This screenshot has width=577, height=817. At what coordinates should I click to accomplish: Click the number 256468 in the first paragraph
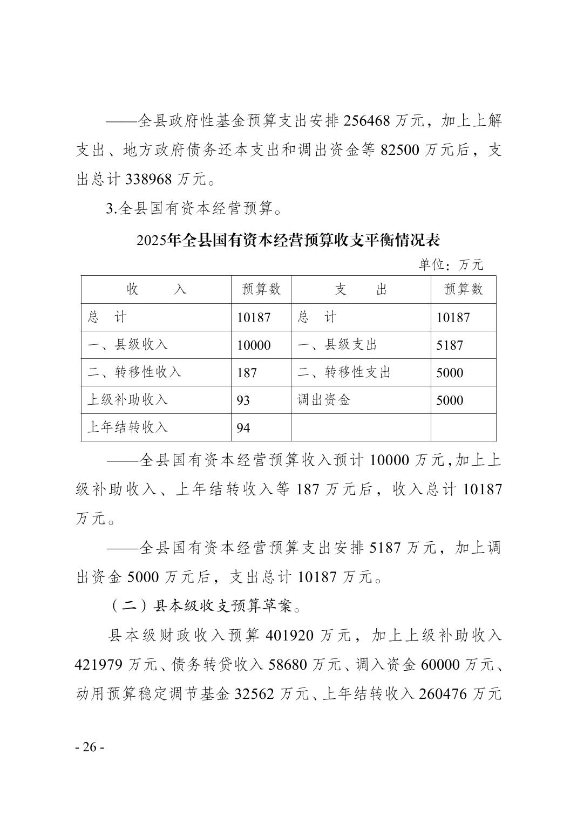pos(366,121)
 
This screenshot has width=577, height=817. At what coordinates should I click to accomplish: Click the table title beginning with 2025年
pos(288,239)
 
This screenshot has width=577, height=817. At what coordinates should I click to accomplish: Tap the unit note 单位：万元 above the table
pos(451,264)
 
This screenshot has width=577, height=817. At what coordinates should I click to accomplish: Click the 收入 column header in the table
pos(156,290)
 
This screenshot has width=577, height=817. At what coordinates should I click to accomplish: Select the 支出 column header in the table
pos(361,290)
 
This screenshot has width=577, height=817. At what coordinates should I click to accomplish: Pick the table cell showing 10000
pos(254,345)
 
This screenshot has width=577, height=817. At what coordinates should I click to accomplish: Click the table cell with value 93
pos(243,400)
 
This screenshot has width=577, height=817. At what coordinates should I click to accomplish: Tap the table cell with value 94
pos(243,428)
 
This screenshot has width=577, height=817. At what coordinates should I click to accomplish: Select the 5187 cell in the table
pos(450,345)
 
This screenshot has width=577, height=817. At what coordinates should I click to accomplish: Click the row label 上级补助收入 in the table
pos(128,400)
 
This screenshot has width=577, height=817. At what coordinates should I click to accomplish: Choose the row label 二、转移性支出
pos(344,372)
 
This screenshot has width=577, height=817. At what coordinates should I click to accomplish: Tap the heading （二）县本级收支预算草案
pos(205,606)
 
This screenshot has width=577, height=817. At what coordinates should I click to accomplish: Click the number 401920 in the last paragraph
pos(290,635)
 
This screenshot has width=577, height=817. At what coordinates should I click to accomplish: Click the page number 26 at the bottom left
pos(89,747)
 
